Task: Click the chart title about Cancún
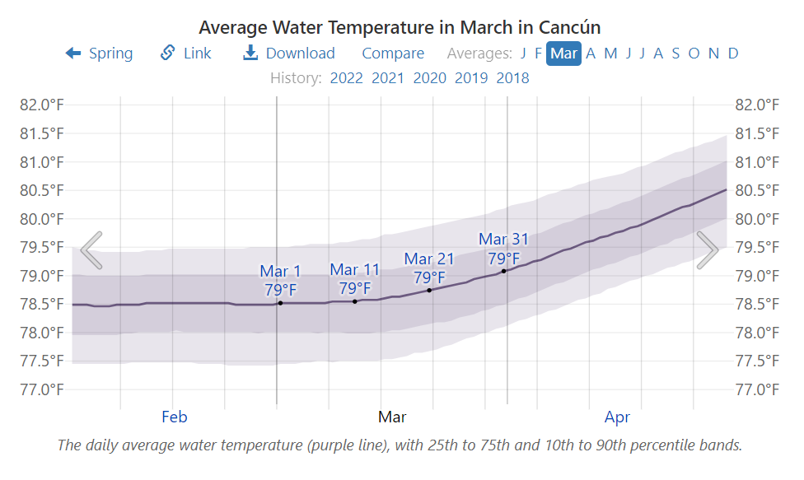click(400, 27)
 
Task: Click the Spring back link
click(99, 54)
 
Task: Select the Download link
click(289, 54)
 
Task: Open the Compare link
click(393, 54)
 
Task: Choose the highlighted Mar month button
click(564, 54)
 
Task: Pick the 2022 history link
click(347, 78)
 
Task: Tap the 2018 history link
click(512, 78)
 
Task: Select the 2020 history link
click(430, 78)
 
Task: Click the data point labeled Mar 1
click(280, 303)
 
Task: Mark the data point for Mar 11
click(355, 301)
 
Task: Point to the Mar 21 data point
click(429, 290)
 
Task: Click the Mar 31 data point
click(503, 271)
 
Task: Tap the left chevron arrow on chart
click(91, 249)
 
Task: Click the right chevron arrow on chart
click(708, 249)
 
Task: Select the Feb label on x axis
click(175, 417)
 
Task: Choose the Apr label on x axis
click(617, 417)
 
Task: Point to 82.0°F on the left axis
click(41, 105)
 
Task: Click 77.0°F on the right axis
click(756, 389)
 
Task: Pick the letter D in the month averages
click(733, 54)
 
